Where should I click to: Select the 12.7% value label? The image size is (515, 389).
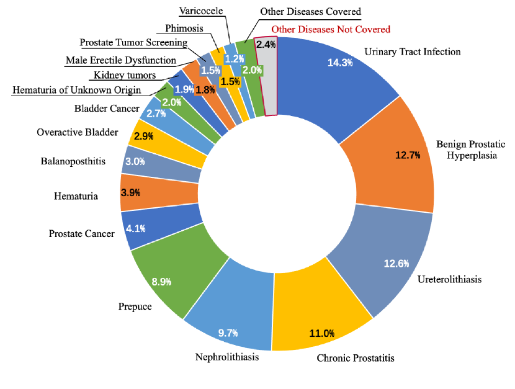pos(407,154)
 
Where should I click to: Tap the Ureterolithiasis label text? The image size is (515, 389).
pos(449,279)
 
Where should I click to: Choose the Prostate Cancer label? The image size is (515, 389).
pos(81,234)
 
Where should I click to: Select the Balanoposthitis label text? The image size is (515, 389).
pos(73,161)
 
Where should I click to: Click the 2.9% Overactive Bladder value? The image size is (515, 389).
pos(143,135)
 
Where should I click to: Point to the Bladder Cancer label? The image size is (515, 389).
pos(107,109)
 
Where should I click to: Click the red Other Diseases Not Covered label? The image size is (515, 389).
pos(331,29)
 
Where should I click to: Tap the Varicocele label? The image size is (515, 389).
pos(201,11)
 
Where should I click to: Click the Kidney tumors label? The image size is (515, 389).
pos(124,76)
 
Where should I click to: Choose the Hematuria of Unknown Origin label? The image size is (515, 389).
pos(76,91)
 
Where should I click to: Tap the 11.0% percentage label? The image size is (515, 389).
pos(321,333)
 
